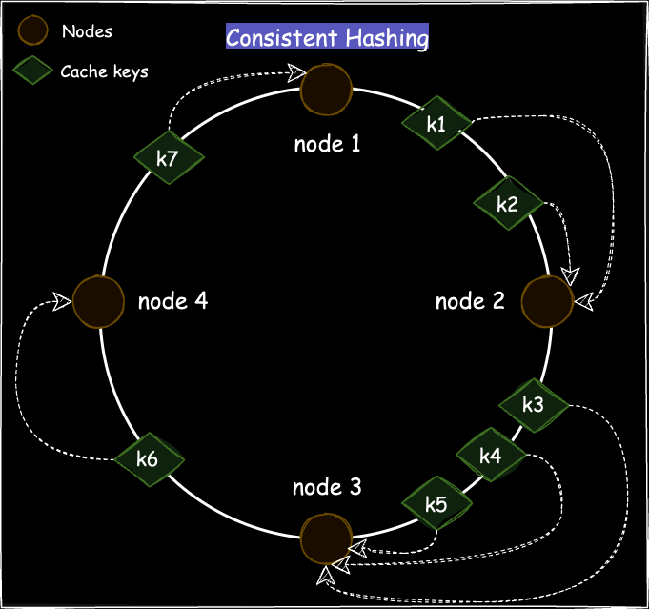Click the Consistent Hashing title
point(327,38)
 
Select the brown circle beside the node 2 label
point(548,302)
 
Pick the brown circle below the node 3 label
point(326,539)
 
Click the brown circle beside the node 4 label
point(99,302)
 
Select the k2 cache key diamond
point(508,202)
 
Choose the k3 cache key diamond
point(534,404)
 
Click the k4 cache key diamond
point(491,456)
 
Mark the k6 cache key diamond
point(148,458)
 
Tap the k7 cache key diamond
point(169,158)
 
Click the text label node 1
point(327,145)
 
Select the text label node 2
point(470,302)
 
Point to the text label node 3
point(327,488)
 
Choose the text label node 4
point(172,301)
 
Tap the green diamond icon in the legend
point(34,71)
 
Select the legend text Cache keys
point(104,71)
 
